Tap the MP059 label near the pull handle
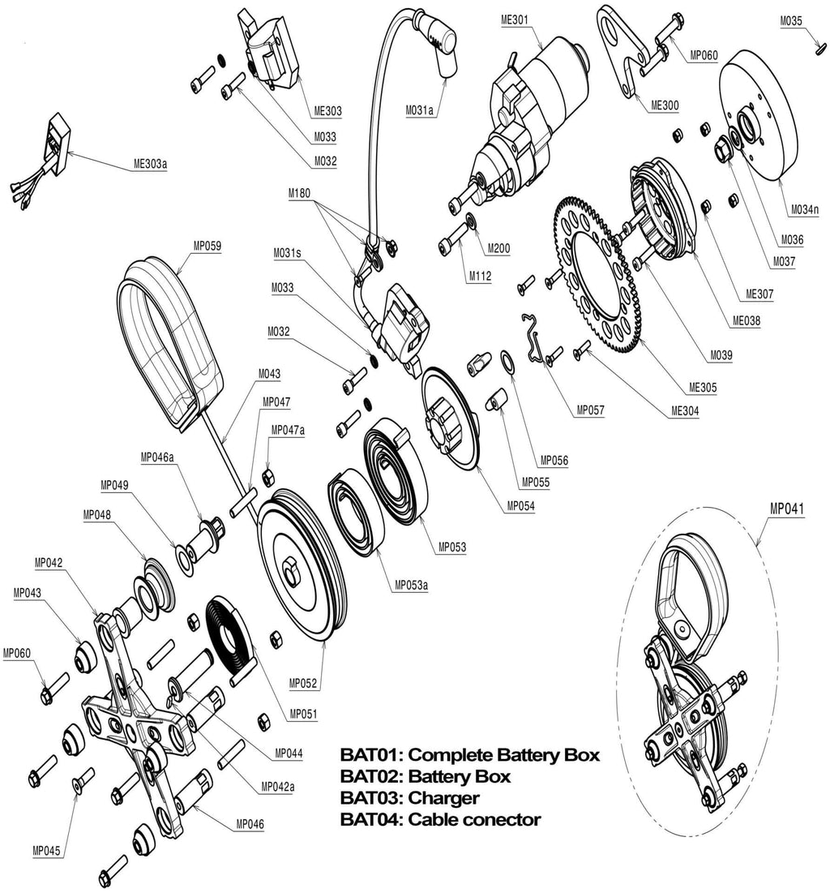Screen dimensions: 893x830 (x=207, y=245)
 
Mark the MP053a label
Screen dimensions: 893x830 (x=411, y=584)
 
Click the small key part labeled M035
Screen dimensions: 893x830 (x=819, y=48)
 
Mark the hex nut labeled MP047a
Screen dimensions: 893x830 (x=268, y=474)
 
